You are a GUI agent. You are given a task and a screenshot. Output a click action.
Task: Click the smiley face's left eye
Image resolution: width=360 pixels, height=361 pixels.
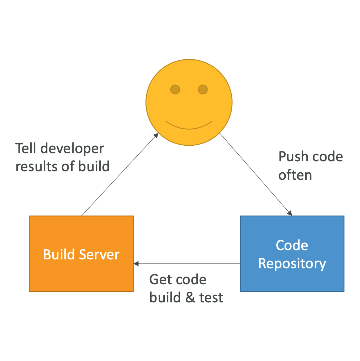(175, 89)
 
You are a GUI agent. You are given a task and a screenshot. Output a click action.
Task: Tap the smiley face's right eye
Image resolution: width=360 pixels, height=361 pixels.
(202, 89)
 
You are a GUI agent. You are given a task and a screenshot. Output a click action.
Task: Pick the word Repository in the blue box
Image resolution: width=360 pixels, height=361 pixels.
(292, 264)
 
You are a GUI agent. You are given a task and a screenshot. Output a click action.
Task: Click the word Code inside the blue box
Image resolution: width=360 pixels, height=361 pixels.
(292, 245)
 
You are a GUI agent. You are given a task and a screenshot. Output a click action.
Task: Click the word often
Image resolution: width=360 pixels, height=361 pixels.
(295, 175)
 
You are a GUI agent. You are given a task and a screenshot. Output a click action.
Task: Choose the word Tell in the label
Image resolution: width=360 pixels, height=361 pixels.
(26, 148)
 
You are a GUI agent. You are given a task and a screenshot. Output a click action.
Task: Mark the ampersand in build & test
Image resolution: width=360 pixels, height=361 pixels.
(190, 297)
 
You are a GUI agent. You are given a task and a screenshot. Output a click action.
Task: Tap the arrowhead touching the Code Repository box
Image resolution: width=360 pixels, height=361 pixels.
(290, 214)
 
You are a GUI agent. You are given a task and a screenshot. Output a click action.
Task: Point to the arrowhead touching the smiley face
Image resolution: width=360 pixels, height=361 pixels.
(156, 135)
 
